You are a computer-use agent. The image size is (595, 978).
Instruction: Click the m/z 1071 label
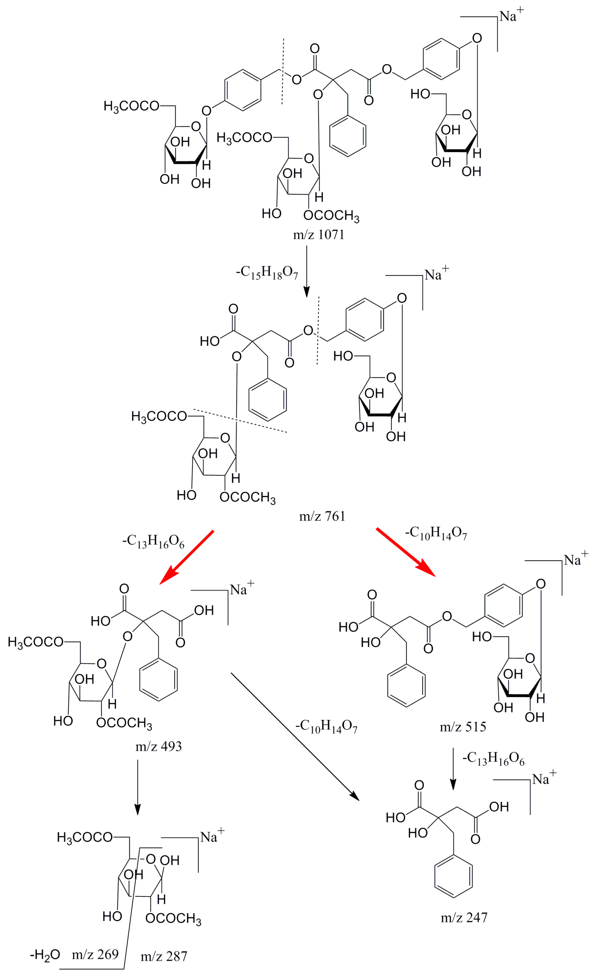point(318,235)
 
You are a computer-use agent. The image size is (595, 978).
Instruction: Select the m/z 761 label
point(322,516)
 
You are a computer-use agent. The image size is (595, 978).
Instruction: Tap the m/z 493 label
point(159,746)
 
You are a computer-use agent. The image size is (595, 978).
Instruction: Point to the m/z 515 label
point(463,727)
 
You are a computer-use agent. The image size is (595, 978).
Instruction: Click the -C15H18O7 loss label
point(267,273)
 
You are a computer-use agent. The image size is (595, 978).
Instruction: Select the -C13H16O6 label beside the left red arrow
point(153,541)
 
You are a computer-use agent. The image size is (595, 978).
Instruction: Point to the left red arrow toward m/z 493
point(187,557)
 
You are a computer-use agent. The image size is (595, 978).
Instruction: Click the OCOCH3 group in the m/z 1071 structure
point(331,216)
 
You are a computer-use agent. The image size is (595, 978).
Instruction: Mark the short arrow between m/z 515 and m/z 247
point(453,768)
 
